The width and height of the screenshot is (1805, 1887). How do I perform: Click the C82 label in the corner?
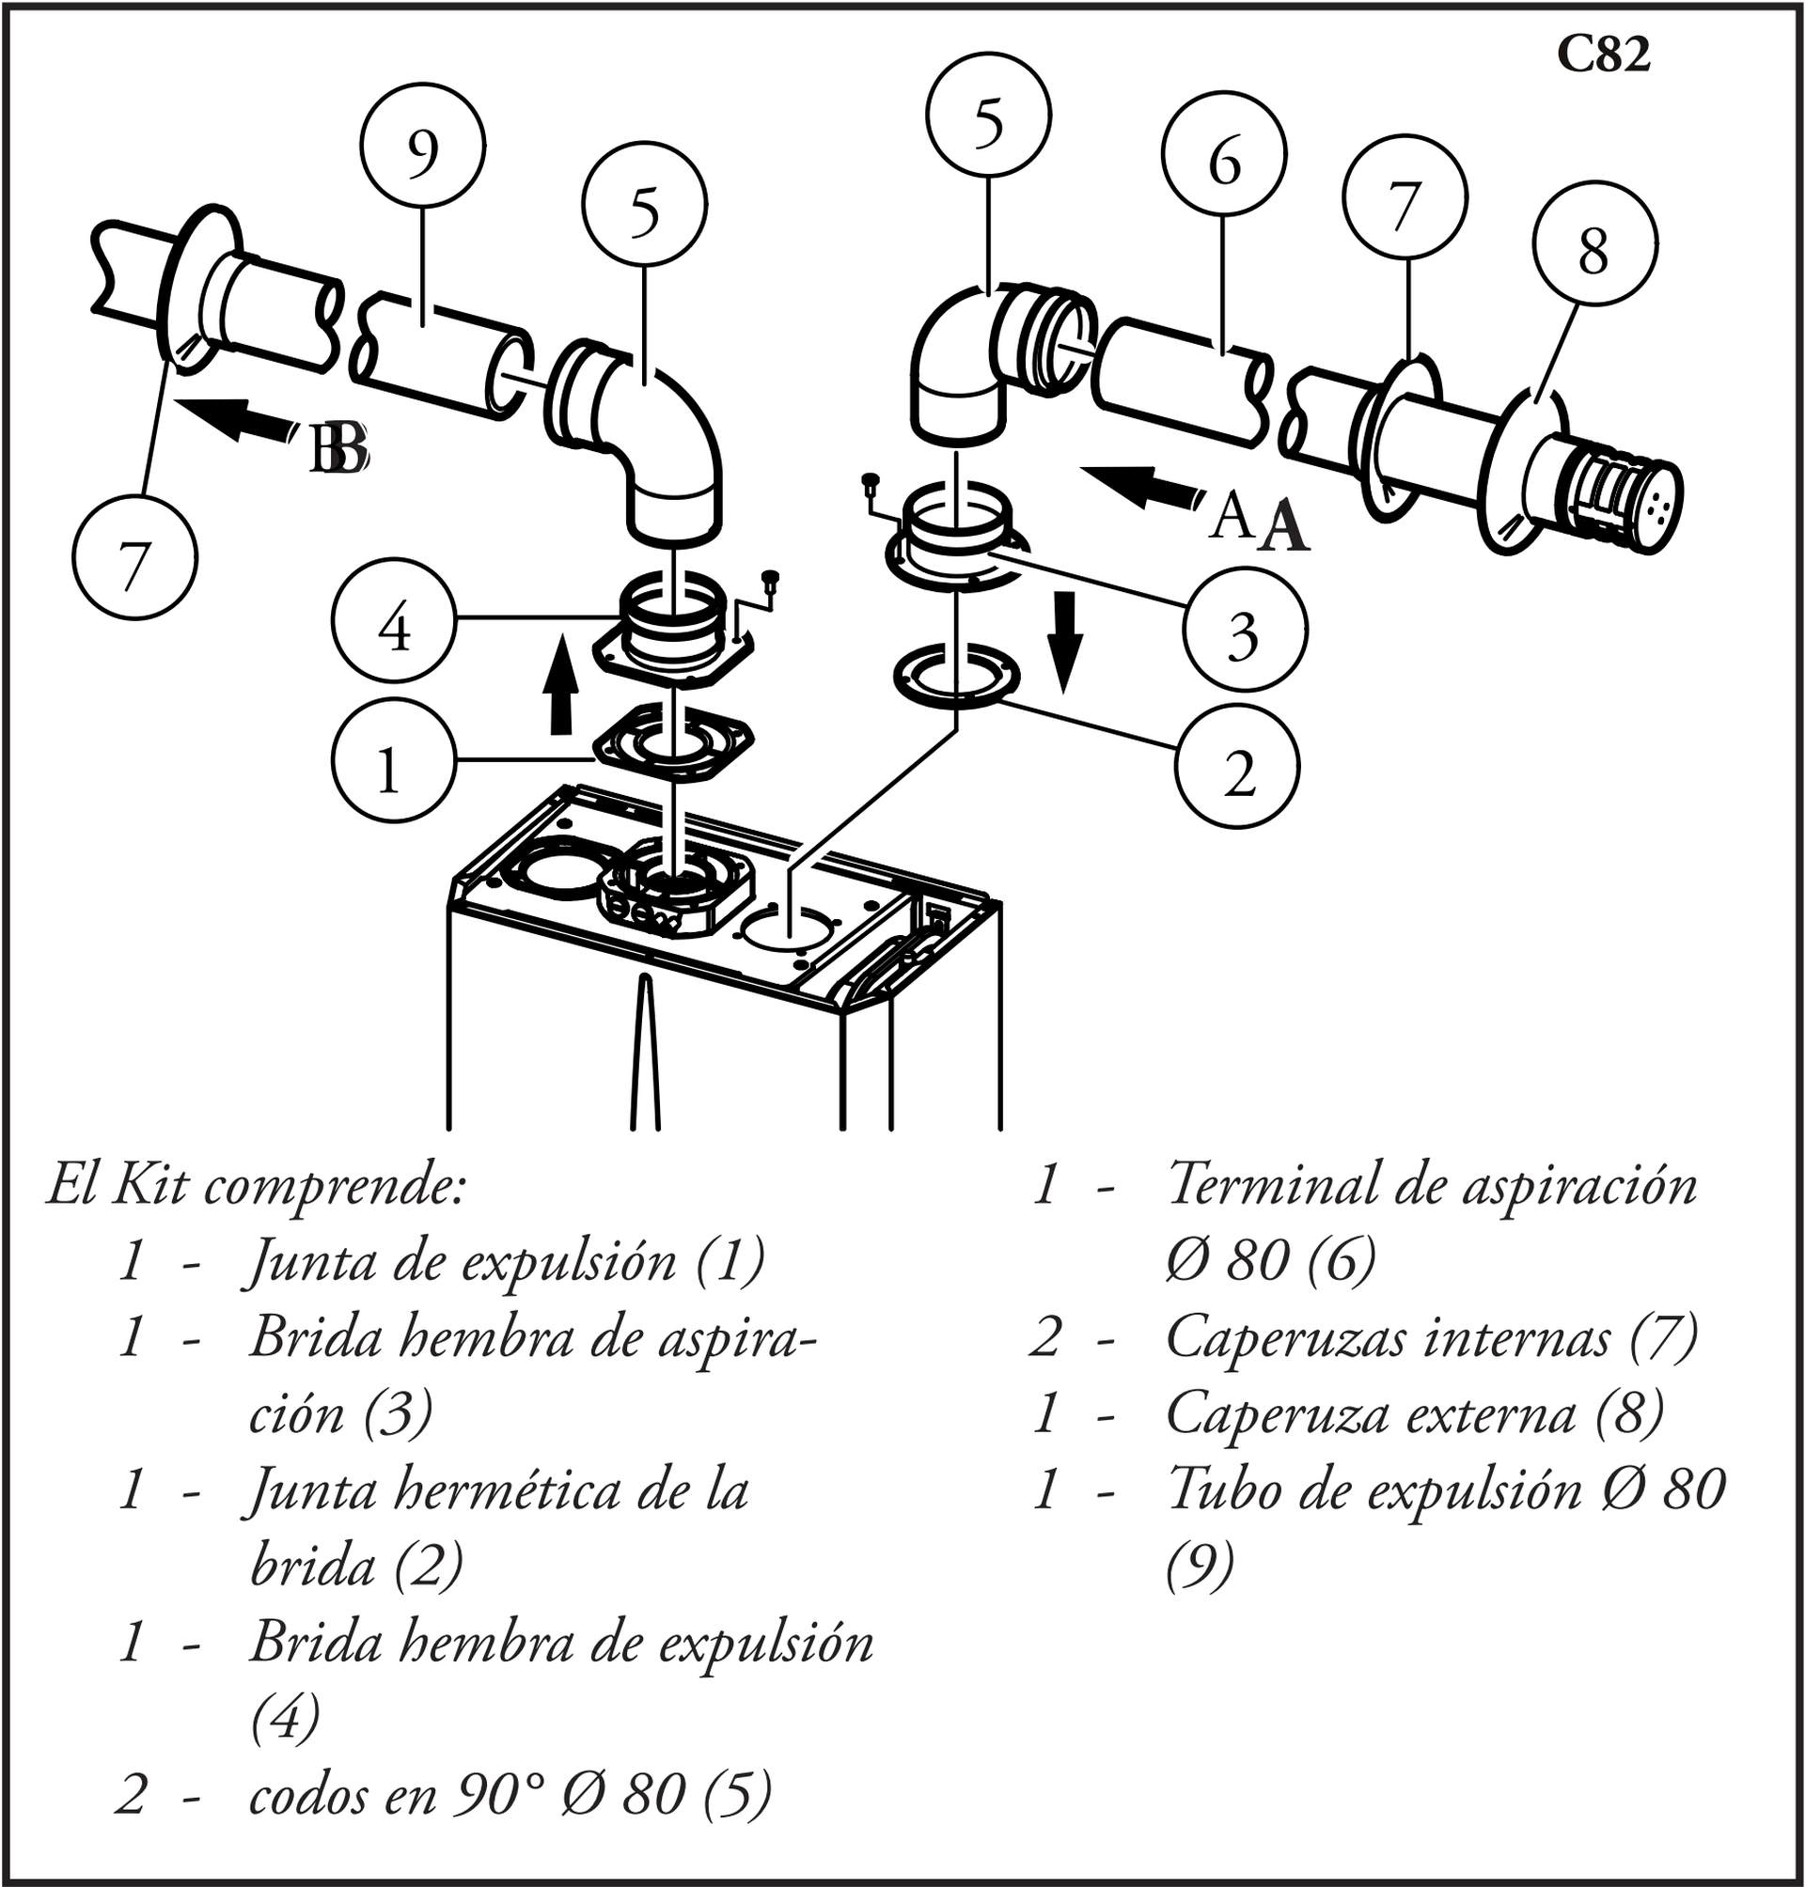tap(1604, 55)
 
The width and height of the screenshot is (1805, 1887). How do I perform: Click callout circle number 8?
tap(1594, 243)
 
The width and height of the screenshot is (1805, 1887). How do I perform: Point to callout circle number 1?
tap(395, 761)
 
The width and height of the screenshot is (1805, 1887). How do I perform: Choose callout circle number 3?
tap(1245, 627)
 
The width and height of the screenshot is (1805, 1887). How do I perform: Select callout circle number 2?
tap(1237, 767)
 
